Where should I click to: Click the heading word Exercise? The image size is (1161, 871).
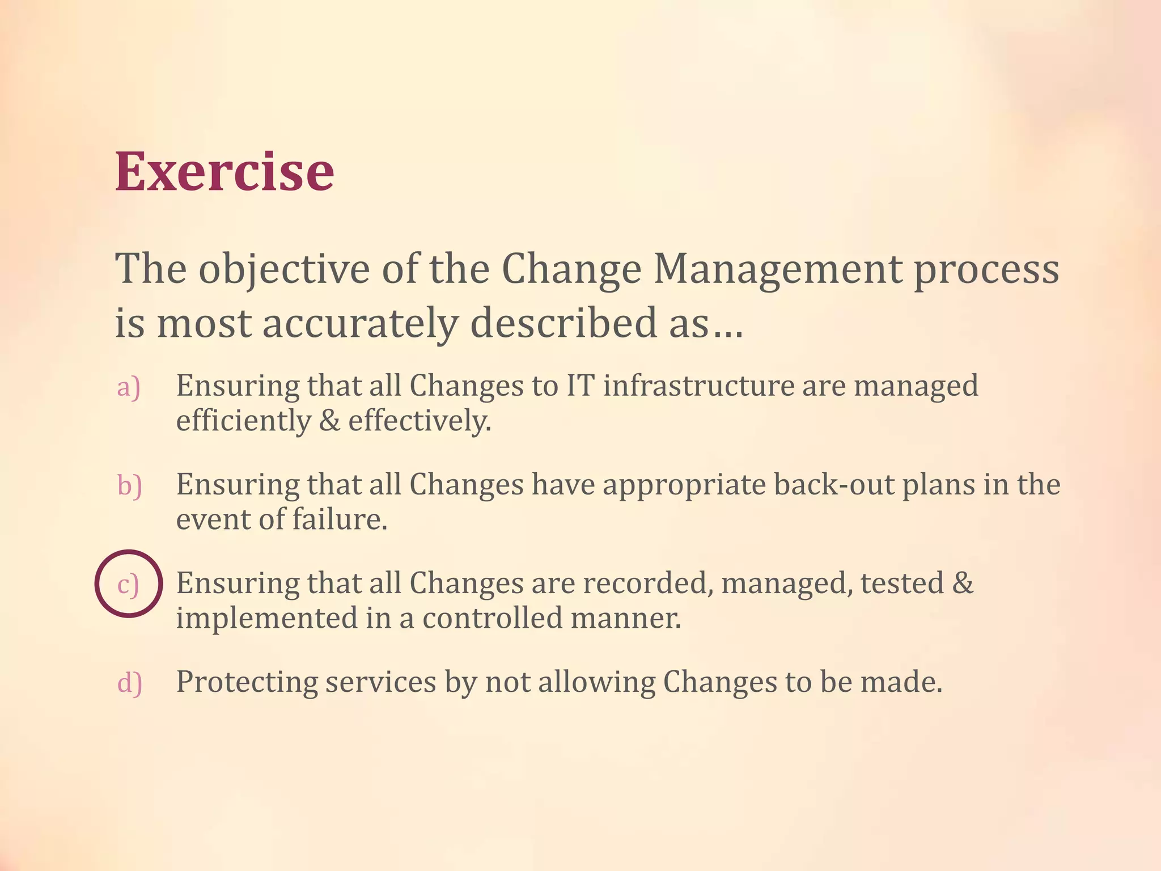pyautogui.click(x=224, y=171)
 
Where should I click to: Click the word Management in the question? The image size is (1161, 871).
pyautogui.click(x=778, y=269)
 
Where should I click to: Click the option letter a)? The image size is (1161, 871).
pyautogui.click(x=129, y=387)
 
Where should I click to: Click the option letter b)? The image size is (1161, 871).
pyautogui.click(x=129, y=486)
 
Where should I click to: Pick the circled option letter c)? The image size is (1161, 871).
pyautogui.click(x=129, y=584)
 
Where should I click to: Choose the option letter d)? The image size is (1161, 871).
pyautogui.click(x=129, y=683)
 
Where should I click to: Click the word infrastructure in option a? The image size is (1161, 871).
pyautogui.click(x=698, y=386)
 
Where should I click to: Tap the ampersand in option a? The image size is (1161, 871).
pyautogui.click(x=329, y=421)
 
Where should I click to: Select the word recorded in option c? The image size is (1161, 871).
pyautogui.click(x=647, y=584)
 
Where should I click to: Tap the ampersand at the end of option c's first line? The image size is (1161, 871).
pyautogui.click(x=962, y=584)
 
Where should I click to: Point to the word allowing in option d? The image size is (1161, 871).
pyautogui.click(x=596, y=682)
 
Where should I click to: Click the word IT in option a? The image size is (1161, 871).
pyautogui.click(x=580, y=386)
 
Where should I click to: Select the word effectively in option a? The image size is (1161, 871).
pyautogui.click(x=420, y=421)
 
